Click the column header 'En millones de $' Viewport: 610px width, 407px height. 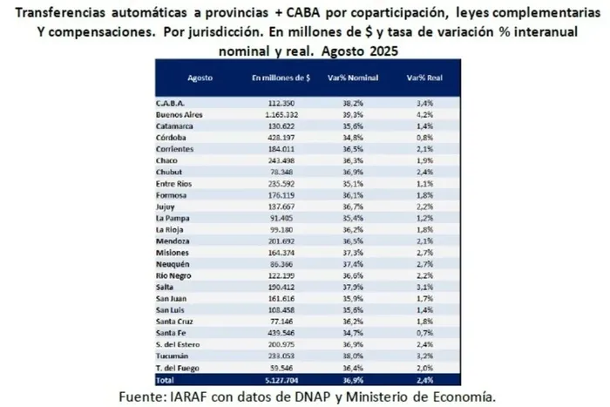(x=281, y=78)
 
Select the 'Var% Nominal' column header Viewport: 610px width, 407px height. (x=351, y=78)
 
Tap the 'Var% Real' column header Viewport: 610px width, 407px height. (x=421, y=78)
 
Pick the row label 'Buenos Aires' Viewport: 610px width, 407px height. (x=179, y=114)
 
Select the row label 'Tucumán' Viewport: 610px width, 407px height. (x=172, y=356)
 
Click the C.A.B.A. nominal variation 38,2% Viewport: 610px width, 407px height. (x=351, y=102)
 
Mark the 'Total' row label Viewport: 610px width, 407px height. (x=166, y=381)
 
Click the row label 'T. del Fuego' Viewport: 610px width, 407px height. (x=178, y=369)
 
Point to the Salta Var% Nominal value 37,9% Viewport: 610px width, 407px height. (x=351, y=284)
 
